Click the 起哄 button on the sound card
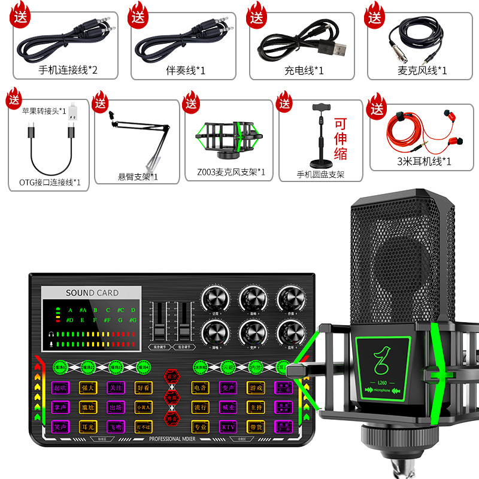pyautogui.click(x=59, y=388)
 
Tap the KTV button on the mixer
pyautogui.click(x=228, y=426)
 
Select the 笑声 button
pyautogui.click(x=59, y=427)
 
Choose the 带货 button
pyautogui.click(x=256, y=426)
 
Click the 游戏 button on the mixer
pyautogui.click(x=256, y=388)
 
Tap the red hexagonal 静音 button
pyautogui.click(x=171, y=417)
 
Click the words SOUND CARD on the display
pyautogui.click(x=92, y=293)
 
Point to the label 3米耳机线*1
pyautogui.click(x=424, y=160)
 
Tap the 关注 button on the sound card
pyautogui.click(x=116, y=388)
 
